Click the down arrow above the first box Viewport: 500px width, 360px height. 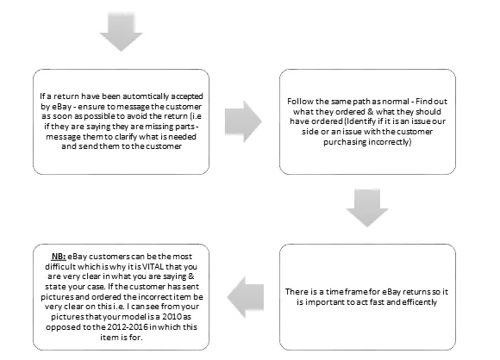point(121,32)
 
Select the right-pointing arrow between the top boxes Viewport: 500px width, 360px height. point(243,121)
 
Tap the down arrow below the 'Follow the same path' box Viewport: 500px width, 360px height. point(367,208)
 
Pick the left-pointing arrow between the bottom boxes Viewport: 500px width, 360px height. point(246,297)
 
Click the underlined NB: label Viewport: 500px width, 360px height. point(59,257)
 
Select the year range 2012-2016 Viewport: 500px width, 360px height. point(128,327)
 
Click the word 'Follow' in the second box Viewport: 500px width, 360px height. point(297,102)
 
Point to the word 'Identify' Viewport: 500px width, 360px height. point(359,121)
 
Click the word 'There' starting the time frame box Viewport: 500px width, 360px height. point(295,292)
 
